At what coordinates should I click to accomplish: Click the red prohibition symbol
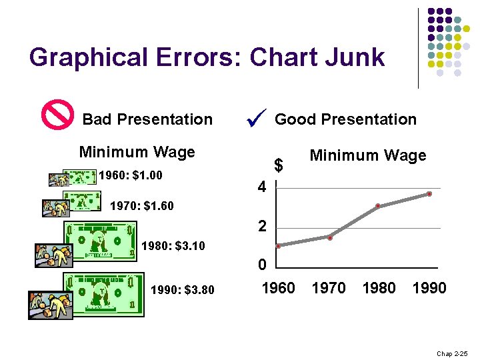click(58, 115)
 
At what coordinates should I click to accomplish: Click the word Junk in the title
click(353, 57)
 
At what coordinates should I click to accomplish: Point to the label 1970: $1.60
click(141, 206)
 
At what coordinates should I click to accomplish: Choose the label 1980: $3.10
click(173, 245)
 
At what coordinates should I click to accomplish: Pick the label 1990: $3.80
click(183, 290)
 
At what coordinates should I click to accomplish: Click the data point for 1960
click(279, 246)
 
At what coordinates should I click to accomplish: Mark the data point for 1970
click(329, 237)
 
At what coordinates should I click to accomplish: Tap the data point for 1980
click(378, 206)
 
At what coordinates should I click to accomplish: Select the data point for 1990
click(429, 194)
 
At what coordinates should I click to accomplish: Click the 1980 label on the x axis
click(379, 288)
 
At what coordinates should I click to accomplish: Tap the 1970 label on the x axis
click(329, 288)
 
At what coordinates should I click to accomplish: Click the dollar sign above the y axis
click(280, 165)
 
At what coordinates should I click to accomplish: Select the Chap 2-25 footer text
click(453, 353)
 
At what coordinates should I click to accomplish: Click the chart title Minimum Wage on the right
click(367, 156)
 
